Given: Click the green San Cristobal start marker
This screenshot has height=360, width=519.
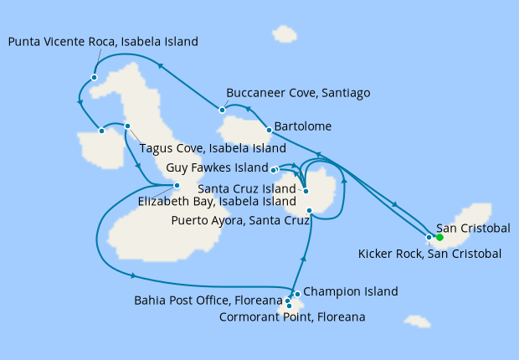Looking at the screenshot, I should (439, 237).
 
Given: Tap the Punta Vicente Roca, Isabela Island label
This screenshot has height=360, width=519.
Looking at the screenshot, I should (104, 40).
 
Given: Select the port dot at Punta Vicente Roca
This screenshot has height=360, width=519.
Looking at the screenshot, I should (95, 77).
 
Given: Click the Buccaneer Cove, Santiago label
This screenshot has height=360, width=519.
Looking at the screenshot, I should (298, 93).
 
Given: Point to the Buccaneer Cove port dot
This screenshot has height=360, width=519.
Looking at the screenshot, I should (222, 109).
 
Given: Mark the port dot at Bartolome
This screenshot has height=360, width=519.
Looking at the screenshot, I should (268, 130).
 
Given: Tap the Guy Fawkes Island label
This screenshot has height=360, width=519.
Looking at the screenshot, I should (216, 167).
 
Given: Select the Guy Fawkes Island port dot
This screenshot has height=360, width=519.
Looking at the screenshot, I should (275, 169).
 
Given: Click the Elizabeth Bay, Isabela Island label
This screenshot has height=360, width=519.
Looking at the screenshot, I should (218, 201).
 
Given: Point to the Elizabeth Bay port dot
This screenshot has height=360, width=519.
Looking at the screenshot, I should (177, 186).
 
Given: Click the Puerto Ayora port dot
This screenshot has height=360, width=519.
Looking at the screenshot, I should (310, 209).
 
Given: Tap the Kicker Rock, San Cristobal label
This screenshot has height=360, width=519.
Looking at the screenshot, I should (429, 254).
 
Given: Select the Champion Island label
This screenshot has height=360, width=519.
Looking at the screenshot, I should (350, 291).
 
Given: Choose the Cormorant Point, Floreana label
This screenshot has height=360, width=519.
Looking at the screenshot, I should (292, 317).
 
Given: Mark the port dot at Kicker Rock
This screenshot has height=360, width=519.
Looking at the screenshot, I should (429, 238).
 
